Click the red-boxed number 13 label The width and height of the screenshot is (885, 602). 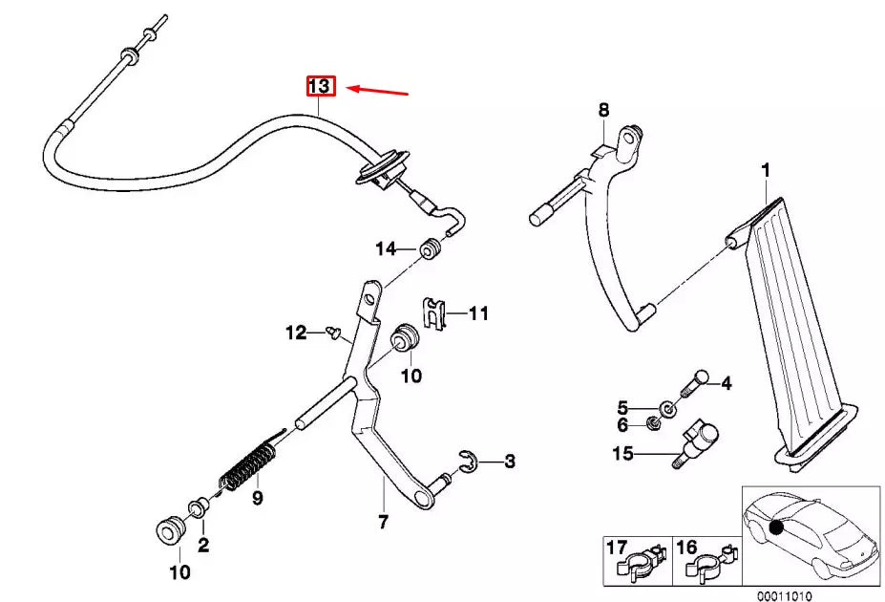pos(319,87)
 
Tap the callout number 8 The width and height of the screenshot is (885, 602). pos(602,110)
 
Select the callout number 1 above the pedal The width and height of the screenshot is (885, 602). pos(765,171)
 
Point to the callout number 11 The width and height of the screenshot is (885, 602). pos(478,312)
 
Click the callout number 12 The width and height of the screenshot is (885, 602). pos(296,333)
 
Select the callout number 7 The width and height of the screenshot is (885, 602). pos(383,522)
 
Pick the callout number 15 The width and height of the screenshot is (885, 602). pos(622,454)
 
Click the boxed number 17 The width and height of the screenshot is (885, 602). pos(617,548)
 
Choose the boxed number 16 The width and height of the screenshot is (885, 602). pos(686,548)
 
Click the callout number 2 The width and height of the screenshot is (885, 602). pos(203,546)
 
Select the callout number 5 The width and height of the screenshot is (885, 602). pos(622,406)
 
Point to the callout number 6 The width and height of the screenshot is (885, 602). pos(622,424)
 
